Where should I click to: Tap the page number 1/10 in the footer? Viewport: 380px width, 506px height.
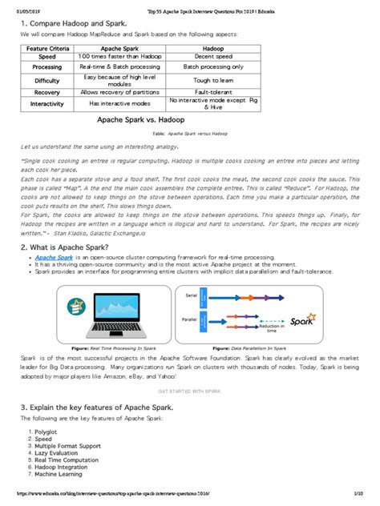click(362, 500)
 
